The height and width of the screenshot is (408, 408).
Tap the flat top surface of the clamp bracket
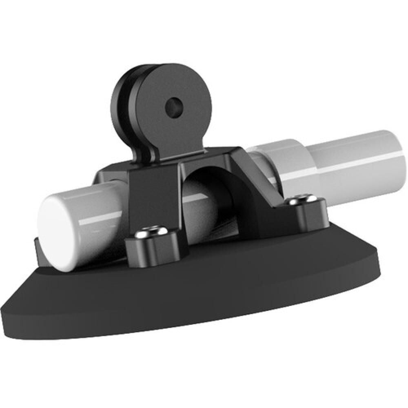click(x=212, y=157)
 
